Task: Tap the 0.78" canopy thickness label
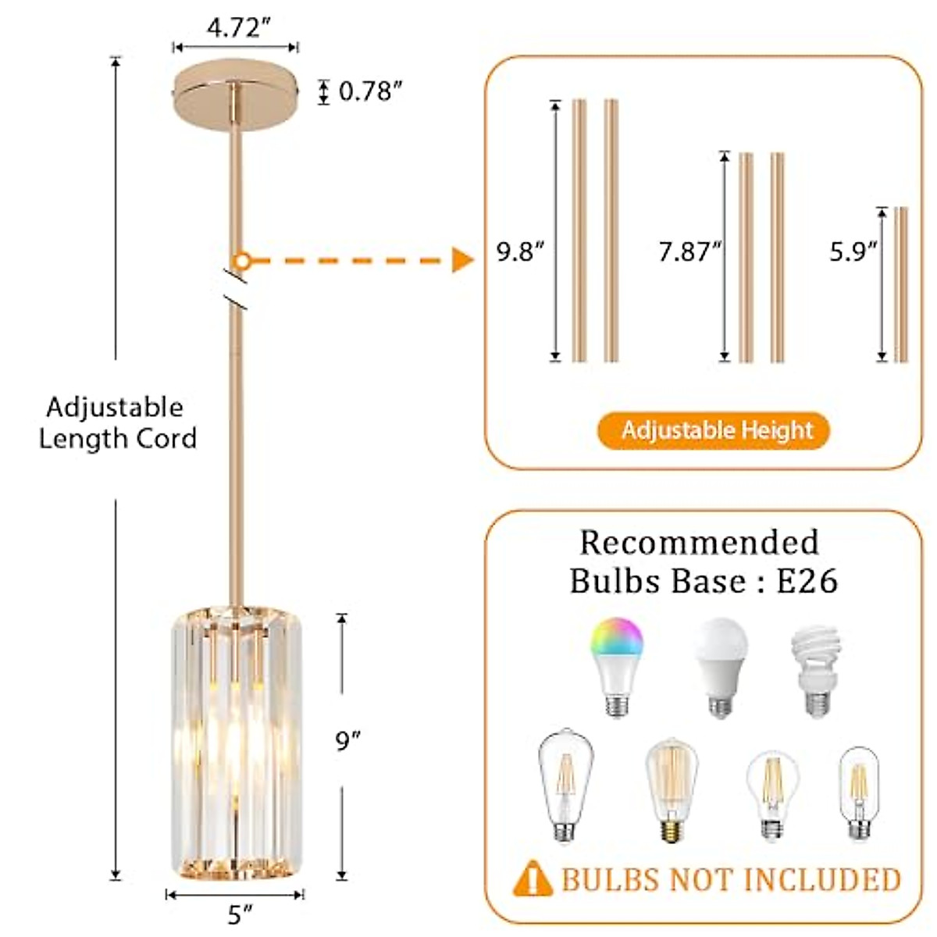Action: click(x=369, y=91)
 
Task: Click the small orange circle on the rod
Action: click(x=242, y=260)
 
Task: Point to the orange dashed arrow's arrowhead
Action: click(x=462, y=260)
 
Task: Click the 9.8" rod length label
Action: click(x=519, y=252)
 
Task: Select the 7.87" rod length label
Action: click(x=689, y=252)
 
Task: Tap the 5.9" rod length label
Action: click(x=853, y=251)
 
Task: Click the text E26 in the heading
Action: click(x=807, y=581)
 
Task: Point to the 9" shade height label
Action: click(x=347, y=740)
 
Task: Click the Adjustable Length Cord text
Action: click(x=117, y=422)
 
